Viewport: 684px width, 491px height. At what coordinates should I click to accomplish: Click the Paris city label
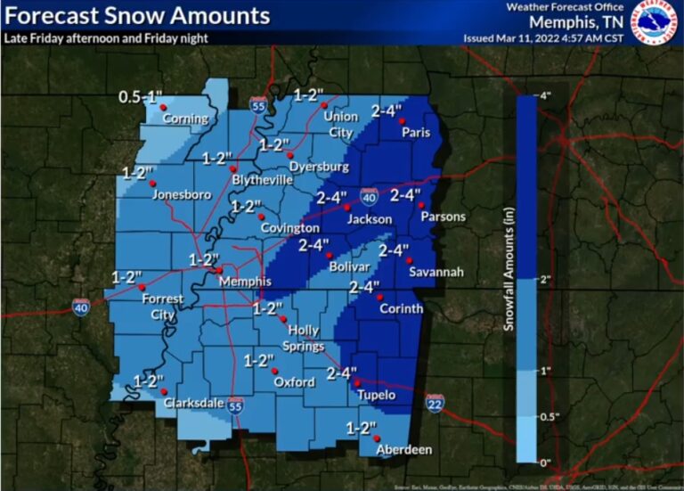pyautogui.click(x=415, y=132)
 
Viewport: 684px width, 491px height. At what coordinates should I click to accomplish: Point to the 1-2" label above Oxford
pyautogui.click(x=258, y=360)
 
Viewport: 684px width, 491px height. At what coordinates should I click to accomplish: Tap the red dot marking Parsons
pyautogui.click(x=420, y=205)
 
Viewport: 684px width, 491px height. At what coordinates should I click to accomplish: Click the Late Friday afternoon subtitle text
pyautogui.click(x=106, y=37)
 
